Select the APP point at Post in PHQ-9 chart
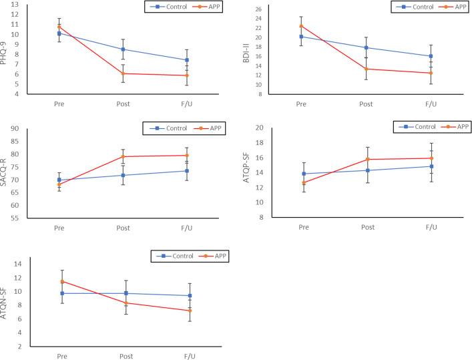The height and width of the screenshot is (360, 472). [x=124, y=73]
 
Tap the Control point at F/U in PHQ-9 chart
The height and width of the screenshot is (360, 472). [x=187, y=60]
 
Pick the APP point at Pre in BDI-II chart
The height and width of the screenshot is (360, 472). [x=301, y=26]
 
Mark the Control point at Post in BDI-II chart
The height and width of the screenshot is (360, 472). [x=366, y=47]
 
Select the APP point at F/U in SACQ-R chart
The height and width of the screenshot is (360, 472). [x=187, y=156]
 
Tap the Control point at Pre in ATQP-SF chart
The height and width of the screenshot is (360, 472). [x=304, y=174]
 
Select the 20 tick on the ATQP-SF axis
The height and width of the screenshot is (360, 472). [x=278, y=128]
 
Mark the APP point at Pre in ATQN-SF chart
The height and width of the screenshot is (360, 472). [x=62, y=281]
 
